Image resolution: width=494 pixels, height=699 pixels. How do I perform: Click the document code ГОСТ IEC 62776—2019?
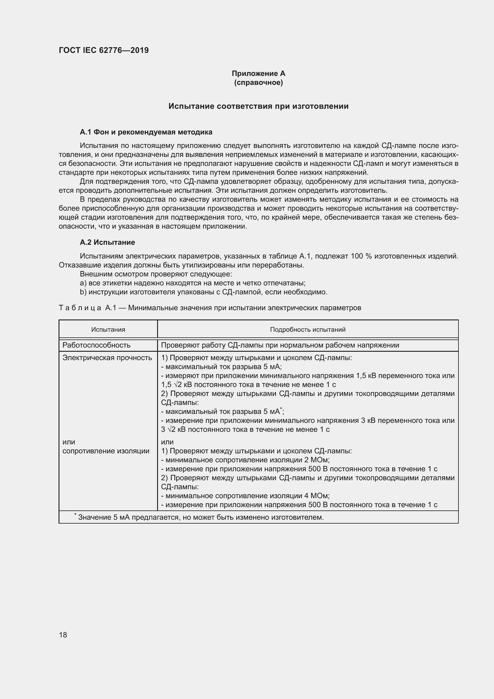pos(104,50)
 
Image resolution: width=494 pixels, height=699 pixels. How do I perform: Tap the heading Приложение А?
pos(258,74)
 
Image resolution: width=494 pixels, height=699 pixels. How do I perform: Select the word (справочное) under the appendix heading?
pos(258,82)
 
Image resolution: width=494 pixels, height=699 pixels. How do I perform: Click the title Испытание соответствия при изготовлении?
pos(258,106)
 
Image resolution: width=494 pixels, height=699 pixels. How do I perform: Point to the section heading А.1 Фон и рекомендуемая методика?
pos(146,132)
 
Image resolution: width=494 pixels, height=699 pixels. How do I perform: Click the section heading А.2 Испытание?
pos(107,242)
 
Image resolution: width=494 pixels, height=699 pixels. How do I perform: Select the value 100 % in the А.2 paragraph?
pos(361,256)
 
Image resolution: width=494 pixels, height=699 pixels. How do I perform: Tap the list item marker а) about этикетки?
pos(83,283)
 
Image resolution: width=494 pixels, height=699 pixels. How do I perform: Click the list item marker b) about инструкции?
pos(83,292)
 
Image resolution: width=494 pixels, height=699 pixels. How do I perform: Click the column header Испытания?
pos(108,329)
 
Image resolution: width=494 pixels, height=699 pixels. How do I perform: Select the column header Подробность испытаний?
pos(308,329)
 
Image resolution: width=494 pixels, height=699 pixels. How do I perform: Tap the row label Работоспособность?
pos(96,345)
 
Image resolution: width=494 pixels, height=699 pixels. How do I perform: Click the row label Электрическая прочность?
pos(107,358)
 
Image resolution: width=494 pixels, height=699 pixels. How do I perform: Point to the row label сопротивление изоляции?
pos(106,451)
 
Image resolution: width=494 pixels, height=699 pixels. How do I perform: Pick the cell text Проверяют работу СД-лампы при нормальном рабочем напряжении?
pos(280,345)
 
